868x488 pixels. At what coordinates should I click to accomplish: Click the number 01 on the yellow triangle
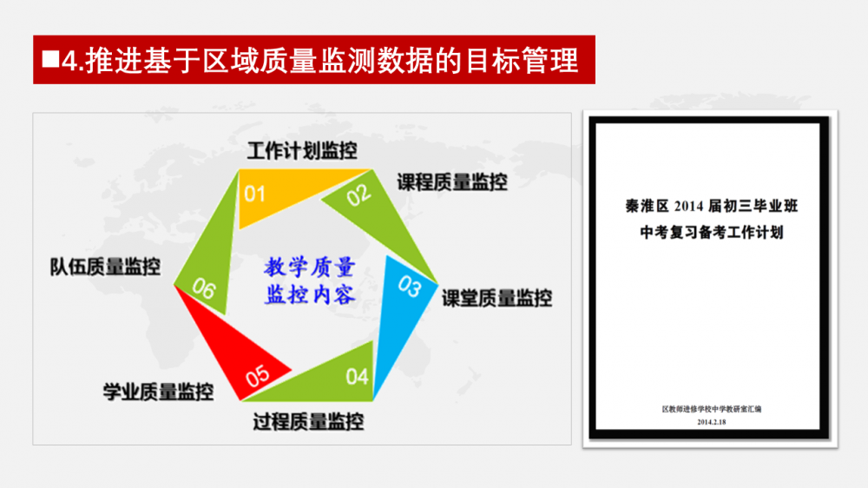tap(254, 194)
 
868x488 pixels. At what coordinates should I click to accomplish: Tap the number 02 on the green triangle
tap(358, 195)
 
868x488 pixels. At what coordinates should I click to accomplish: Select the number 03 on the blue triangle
tap(410, 287)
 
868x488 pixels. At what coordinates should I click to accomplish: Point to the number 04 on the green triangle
tap(357, 377)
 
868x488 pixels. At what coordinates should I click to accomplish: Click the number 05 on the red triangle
tap(258, 376)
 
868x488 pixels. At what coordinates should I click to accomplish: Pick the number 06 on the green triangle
tap(204, 288)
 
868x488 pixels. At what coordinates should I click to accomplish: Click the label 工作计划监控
tap(302, 151)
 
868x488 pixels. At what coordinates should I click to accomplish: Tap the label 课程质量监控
tap(452, 182)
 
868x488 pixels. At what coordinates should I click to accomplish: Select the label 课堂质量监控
tap(496, 299)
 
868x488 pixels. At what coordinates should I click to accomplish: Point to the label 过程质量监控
tap(308, 422)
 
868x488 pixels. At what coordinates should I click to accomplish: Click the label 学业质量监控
tap(158, 392)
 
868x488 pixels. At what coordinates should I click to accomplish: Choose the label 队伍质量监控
tap(105, 267)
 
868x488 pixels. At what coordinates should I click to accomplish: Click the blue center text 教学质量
tap(310, 267)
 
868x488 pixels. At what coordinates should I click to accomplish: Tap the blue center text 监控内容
tap(310, 294)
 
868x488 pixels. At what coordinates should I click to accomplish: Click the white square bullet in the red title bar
tap(50, 59)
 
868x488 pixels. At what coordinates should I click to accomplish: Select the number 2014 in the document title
tap(689, 207)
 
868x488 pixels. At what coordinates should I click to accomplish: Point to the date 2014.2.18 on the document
tap(712, 422)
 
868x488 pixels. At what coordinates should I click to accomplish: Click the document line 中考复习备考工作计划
tap(712, 233)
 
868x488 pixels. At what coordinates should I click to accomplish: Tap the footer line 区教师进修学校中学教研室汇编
tap(712, 409)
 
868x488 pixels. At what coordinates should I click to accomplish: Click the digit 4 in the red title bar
tap(69, 61)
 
